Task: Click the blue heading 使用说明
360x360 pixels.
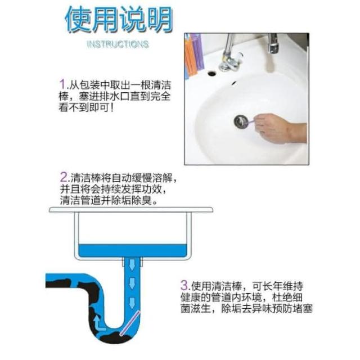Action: point(119,20)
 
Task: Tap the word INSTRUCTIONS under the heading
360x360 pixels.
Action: point(118,44)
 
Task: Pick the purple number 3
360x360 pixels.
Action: point(184,285)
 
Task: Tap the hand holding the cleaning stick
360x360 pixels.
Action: point(280,128)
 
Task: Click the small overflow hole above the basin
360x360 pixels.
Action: point(212,74)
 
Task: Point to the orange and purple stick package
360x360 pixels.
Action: point(193,55)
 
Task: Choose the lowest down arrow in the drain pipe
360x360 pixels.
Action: point(132,303)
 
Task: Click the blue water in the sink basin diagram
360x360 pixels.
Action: point(132,251)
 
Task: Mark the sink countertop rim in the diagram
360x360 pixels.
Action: point(131,210)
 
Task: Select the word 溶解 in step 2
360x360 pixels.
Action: point(161,178)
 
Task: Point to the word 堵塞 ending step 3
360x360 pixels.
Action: point(303,308)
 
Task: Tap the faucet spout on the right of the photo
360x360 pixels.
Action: point(273,44)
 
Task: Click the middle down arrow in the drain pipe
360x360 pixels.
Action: point(132,283)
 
